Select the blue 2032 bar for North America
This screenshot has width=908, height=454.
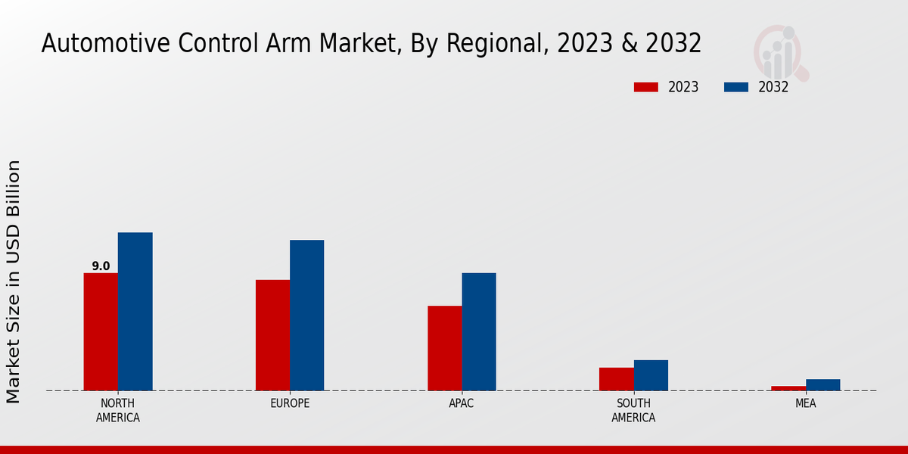click(x=135, y=311)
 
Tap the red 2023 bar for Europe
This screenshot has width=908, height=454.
click(x=272, y=335)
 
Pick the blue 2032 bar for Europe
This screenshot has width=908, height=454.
click(x=306, y=315)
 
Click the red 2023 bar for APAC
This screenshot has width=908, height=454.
click(x=444, y=348)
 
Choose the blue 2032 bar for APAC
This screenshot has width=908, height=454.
click(x=479, y=331)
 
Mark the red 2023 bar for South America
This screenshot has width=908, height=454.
click(x=616, y=379)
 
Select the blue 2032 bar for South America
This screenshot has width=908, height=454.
click(x=651, y=375)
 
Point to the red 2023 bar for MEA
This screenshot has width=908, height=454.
click(x=788, y=388)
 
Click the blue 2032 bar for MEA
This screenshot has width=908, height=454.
click(x=822, y=385)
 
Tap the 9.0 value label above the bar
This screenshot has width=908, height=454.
click(x=101, y=266)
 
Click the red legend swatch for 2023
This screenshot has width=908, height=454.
click(x=646, y=87)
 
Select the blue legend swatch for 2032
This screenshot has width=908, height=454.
click(x=736, y=87)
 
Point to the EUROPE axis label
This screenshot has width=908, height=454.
click(x=290, y=403)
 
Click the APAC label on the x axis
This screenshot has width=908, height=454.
click(x=462, y=403)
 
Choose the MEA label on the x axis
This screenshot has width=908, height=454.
click(x=805, y=403)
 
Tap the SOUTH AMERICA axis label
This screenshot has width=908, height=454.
click(x=633, y=410)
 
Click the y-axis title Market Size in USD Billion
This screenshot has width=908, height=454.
click(x=14, y=281)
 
